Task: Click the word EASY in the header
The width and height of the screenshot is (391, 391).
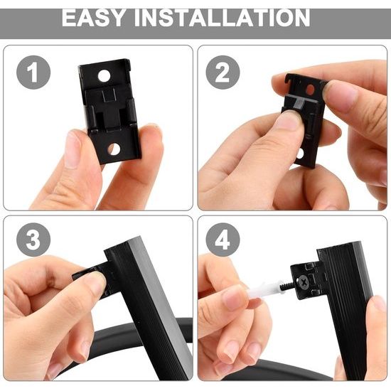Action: [93, 18]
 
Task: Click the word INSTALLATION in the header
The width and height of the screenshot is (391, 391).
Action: [223, 18]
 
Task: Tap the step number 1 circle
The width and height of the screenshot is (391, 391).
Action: [33, 73]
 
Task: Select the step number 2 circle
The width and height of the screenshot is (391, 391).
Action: [223, 73]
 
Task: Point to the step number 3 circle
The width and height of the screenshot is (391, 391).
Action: [33, 240]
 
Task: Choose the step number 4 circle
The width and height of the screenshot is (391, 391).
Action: [223, 240]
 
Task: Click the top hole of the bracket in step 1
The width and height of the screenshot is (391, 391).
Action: [104, 76]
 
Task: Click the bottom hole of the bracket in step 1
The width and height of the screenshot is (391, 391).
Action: [114, 149]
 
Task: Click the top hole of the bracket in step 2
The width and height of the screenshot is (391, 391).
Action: [310, 90]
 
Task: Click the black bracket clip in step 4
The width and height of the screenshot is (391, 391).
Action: [308, 280]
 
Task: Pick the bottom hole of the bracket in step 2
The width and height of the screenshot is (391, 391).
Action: [300, 154]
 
